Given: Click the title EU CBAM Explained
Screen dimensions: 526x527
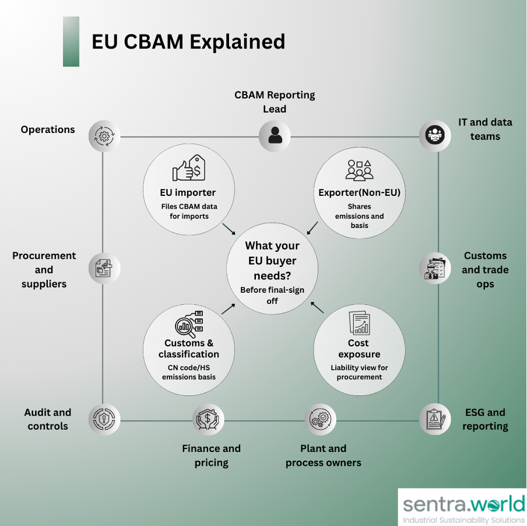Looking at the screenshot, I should coord(188,42).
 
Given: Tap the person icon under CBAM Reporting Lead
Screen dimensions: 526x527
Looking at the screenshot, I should coord(275,136).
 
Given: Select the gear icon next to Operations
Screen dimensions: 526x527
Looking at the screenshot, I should coord(104,136).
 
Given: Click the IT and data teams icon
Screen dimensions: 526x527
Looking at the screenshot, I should coord(434,136).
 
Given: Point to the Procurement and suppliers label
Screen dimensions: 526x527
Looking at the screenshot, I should coord(44,269).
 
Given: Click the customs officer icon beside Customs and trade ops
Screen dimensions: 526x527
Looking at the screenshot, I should coord(434,268).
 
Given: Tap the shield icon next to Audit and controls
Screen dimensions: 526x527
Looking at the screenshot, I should coord(104,419).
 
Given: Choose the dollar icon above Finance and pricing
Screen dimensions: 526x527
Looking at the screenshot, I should coord(208,419).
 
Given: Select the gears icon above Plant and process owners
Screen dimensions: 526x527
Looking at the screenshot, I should coord(320,419).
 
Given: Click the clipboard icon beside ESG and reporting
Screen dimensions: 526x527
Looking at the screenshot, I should coord(435,419).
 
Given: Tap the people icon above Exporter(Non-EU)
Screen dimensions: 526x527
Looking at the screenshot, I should coord(359,170).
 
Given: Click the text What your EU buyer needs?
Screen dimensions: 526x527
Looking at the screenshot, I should coord(272,260).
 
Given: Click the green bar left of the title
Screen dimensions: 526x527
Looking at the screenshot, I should coord(71,41).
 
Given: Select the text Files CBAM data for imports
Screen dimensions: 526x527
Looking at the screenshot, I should coord(188,211).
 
